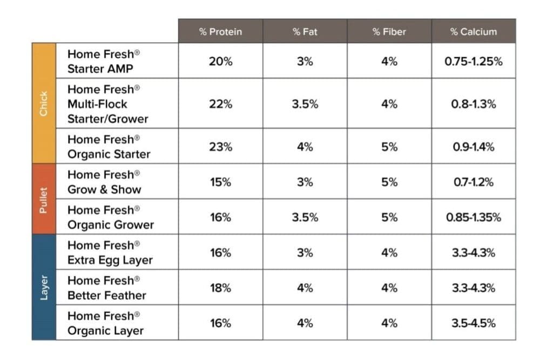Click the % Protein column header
tap(220, 32)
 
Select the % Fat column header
tap(305, 32)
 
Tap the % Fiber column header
tap(389, 32)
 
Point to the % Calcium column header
tap(473, 32)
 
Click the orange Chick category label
tap(44, 103)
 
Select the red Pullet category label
tap(44, 199)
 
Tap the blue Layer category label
tap(44, 287)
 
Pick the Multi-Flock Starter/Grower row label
tap(107, 104)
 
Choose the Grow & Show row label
tap(104, 182)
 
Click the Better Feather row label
tap(106, 288)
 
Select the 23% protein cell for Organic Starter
tap(220, 147)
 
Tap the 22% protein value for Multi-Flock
tap(220, 104)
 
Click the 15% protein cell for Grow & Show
tap(220, 182)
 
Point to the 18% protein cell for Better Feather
tap(220, 288)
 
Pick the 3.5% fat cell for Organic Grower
tap(305, 218)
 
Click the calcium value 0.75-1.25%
tap(473, 62)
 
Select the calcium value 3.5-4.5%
tap(473, 323)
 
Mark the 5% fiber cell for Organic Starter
tap(389, 147)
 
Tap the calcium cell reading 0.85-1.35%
tap(473, 218)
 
